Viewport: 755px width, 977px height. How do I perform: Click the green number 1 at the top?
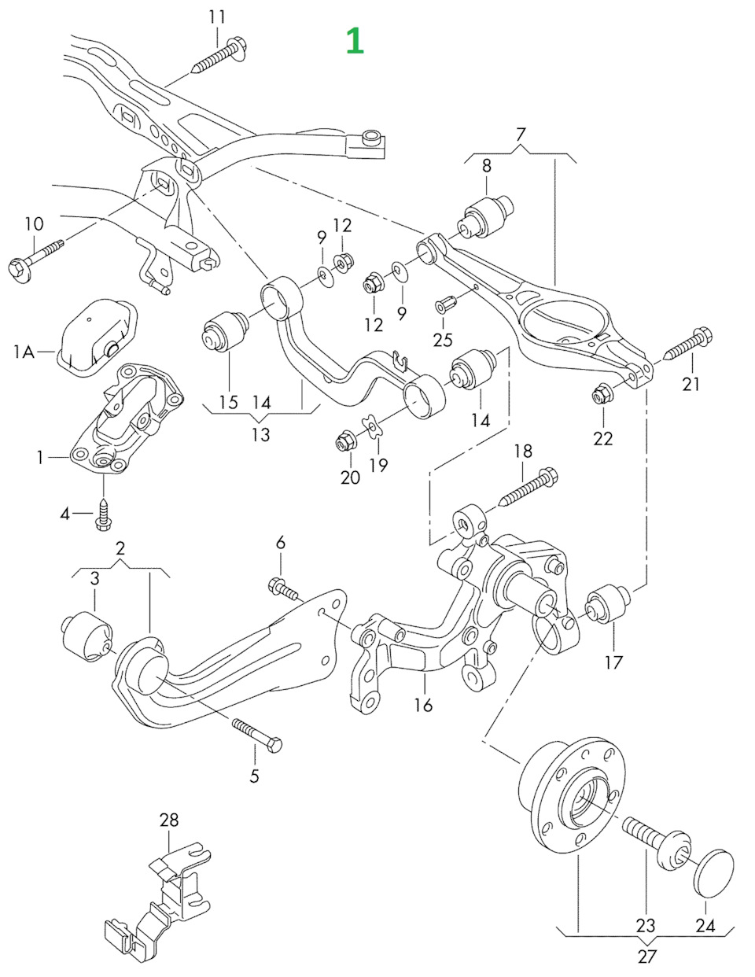coord(355,40)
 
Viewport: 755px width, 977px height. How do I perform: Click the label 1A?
coord(24,352)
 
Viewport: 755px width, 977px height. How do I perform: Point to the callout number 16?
coord(423,704)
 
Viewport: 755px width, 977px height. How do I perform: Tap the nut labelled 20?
coord(345,441)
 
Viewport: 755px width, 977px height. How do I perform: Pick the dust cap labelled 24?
coord(713,871)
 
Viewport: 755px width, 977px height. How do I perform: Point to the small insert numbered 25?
coord(444,302)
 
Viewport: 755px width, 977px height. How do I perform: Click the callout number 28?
coord(169,820)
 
